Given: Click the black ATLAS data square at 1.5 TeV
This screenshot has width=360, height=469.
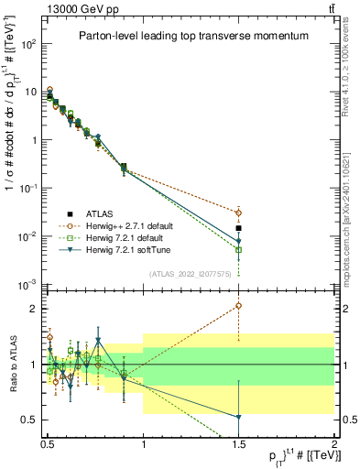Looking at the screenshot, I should [x=239, y=228].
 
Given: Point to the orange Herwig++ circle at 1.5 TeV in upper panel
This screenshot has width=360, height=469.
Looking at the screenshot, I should [x=239, y=213].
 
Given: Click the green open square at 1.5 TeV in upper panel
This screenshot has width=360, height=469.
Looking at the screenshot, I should [x=239, y=249].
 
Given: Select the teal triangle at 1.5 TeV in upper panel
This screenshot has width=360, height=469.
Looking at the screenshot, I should [x=239, y=241].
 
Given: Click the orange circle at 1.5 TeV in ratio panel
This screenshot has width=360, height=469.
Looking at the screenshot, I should [x=239, y=306].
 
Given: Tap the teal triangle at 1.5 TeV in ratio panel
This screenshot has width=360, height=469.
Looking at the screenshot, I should [x=239, y=418].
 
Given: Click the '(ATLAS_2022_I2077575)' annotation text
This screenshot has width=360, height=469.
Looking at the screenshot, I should [x=190, y=273].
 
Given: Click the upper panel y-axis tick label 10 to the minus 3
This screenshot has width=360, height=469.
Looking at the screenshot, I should [x=27, y=284].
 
